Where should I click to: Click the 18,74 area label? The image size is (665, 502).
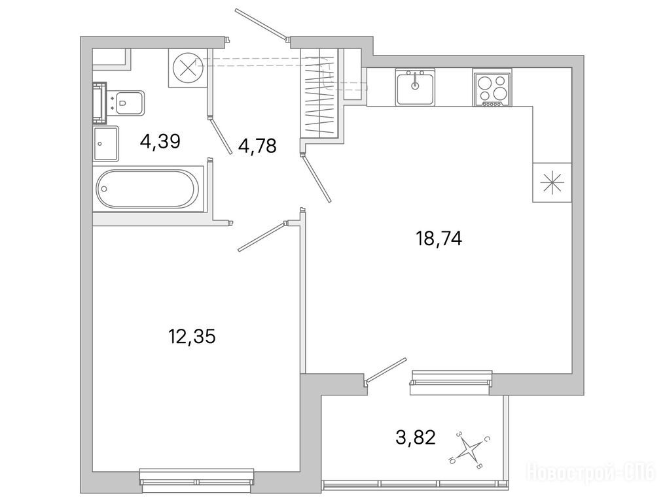tap(439, 239)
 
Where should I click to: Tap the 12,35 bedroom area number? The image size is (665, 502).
tap(192, 337)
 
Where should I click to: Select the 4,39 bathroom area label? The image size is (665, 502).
tap(160, 141)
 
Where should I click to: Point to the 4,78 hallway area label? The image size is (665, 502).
tap(257, 146)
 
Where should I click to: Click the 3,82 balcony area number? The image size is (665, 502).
tap(416, 437)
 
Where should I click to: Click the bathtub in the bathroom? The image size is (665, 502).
tap(147, 189)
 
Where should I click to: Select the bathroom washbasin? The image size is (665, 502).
tap(105, 143)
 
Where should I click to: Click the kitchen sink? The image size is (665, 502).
tap(415, 87)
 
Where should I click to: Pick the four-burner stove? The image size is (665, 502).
tap(492, 88)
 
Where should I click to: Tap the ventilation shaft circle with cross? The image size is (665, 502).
tap(187, 68)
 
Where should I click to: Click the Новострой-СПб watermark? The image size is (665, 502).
tap(590, 471)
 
